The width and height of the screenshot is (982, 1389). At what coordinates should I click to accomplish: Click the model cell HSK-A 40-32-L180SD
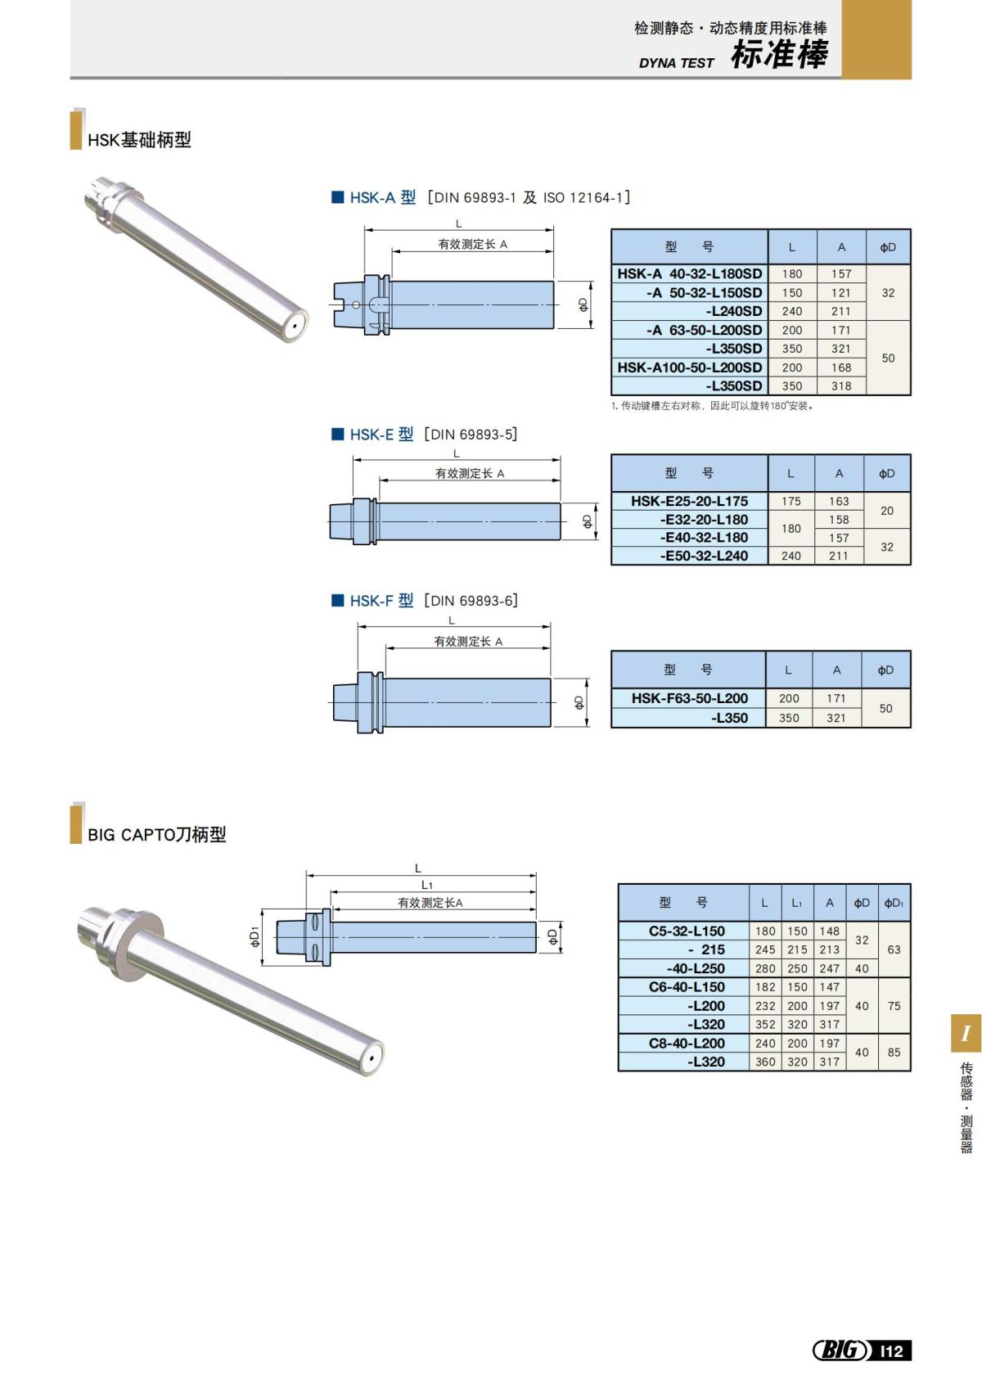tap(689, 273)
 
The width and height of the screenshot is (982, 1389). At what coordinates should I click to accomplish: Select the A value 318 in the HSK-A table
tap(841, 386)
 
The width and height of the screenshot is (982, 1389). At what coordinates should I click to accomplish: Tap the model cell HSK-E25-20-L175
tap(689, 501)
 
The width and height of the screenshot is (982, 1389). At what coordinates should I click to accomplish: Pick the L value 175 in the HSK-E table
tap(791, 501)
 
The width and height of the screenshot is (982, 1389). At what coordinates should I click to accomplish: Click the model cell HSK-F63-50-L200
tap(689, 698)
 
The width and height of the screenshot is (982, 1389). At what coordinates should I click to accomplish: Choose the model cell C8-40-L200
tap(686, 1043)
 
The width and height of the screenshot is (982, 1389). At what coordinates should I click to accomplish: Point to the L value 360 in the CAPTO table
tap(765, 1062)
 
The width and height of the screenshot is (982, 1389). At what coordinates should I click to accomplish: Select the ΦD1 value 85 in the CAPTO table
tap(894, 1053)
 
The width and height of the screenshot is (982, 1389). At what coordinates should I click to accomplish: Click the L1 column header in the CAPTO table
tap(796, 903)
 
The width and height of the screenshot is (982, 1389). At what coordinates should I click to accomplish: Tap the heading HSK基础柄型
tap(139, 140)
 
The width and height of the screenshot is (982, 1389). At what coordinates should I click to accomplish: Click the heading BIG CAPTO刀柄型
tap(156, 835)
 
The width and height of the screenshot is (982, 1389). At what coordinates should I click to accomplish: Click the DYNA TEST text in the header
tap(676, 63)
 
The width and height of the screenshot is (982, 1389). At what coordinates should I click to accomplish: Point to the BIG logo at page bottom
tap(840, 1350)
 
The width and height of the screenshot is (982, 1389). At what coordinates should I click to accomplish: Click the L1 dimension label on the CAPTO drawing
tap(427, 885)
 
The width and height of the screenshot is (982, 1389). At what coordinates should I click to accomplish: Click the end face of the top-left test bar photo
tap(295, 327)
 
